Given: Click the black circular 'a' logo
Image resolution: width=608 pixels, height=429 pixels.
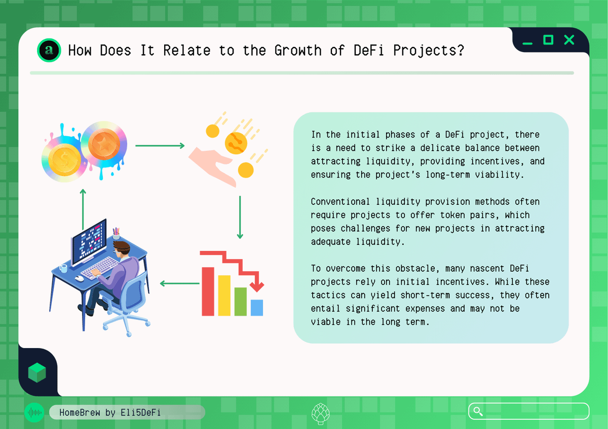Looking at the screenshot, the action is (x=49, y=50).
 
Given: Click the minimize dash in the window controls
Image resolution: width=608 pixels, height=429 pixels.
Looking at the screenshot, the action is (x=527, y=44).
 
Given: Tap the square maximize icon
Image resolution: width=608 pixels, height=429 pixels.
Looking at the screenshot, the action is (x=548, y=40).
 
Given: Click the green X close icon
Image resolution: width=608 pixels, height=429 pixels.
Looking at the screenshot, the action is (x=569, y=40).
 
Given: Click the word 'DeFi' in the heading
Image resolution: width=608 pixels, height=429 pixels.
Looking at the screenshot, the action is (x=369, y=51).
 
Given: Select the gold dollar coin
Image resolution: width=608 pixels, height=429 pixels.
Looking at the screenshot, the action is (x=65, y=160).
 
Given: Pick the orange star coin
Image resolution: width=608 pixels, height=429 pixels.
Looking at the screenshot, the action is (x=104, y=144).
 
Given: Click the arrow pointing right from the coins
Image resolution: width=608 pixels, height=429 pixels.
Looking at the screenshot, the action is (x=160, y=146).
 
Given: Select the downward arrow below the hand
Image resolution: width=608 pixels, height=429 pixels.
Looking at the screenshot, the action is (x=240, y=218).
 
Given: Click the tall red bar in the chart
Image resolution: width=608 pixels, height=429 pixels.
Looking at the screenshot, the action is (x=208, y=291).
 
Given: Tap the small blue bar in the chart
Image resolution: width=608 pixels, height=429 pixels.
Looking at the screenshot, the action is (x=257, y=308).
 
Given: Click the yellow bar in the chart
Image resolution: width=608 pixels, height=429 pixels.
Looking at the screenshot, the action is (x=224, y=295).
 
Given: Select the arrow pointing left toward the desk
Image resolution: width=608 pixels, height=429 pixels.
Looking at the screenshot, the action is (x=180, y=283).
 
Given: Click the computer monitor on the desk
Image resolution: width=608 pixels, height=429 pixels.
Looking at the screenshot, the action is (x=89, y=242).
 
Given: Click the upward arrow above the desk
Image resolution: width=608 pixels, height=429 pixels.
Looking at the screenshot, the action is (x=83, y=209).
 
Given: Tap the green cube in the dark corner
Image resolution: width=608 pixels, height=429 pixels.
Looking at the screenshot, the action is (x=37, y=373).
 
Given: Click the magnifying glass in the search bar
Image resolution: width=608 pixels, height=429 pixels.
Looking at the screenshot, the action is (x=478, y=411).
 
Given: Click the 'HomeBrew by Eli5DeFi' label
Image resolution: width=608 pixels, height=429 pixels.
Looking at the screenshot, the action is (x=110, y=412).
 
